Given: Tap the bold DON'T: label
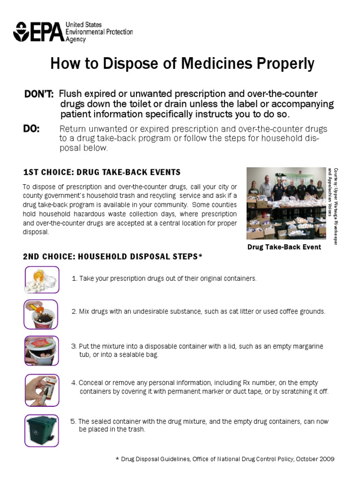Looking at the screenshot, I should point(39,94).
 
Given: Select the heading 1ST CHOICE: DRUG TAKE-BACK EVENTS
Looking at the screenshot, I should point(101,172).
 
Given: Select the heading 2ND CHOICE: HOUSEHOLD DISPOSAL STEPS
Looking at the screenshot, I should point(112,256).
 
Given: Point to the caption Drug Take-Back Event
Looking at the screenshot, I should point(284,247).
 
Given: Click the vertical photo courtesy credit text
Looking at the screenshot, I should point(332,205).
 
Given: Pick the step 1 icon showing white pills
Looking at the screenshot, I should point(42,279).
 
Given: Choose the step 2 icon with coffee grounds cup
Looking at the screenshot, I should point(42,314).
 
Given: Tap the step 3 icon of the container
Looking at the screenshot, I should point(42,350).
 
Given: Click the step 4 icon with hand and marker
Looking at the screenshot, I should point(42,390).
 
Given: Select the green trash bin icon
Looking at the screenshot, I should point(42,430).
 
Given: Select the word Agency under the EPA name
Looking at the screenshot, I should point(75,40).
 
